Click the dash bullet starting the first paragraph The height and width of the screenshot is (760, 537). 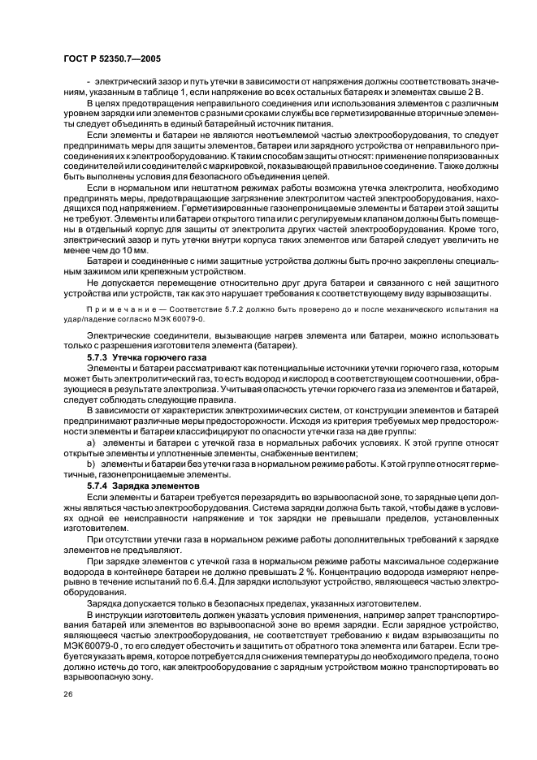tap(88, 83)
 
